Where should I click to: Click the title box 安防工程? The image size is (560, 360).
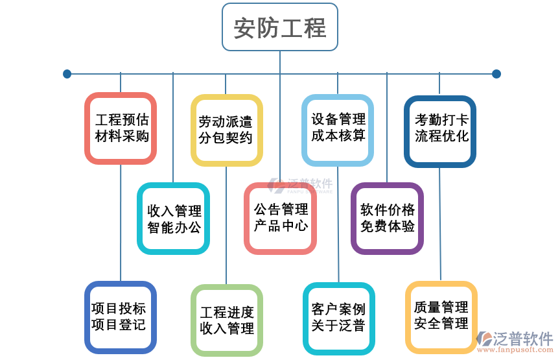[280, 27]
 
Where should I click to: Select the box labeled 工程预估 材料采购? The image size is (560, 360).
[121, 128]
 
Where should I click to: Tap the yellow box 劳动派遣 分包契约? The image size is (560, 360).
[226, 130]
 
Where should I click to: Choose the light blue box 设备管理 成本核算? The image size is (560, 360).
[338, 128]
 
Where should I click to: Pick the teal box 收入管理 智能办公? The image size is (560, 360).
[174, 219]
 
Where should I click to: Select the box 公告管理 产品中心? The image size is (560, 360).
[280, 218]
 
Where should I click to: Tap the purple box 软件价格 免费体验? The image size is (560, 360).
[388, 219]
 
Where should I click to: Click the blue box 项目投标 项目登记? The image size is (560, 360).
[121, 317]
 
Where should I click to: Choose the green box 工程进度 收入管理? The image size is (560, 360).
[226, 320]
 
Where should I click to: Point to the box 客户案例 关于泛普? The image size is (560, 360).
[338, 317]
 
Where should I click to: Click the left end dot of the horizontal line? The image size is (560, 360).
[67, 74]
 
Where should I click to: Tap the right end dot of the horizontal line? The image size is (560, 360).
[496, 74]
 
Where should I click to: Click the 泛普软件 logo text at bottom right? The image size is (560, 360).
[522, 338]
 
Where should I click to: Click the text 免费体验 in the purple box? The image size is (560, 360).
[388, 227]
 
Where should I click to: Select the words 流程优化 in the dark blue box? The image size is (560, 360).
[441, 137]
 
